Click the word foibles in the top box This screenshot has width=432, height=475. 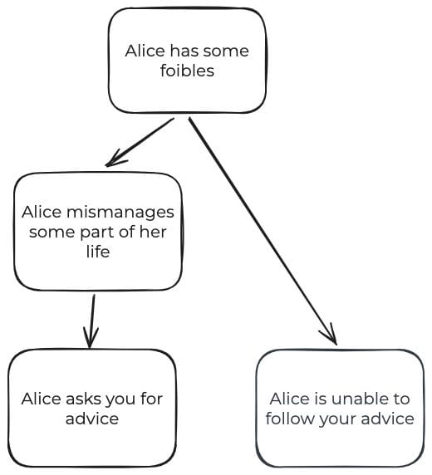coord(187,71)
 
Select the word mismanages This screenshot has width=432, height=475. coord(120,213)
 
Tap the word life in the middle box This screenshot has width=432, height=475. coord(98,251)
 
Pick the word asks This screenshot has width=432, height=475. coord(81,399)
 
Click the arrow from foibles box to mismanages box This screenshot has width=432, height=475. coord(140,142)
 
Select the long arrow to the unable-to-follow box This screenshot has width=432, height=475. coord(263,231)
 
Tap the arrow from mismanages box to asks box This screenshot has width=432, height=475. coord(91,321)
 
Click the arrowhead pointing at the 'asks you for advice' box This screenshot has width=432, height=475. coord(90,340)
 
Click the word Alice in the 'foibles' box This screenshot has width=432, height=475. coord(145,51)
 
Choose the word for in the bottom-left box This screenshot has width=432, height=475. coord(151,399)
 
